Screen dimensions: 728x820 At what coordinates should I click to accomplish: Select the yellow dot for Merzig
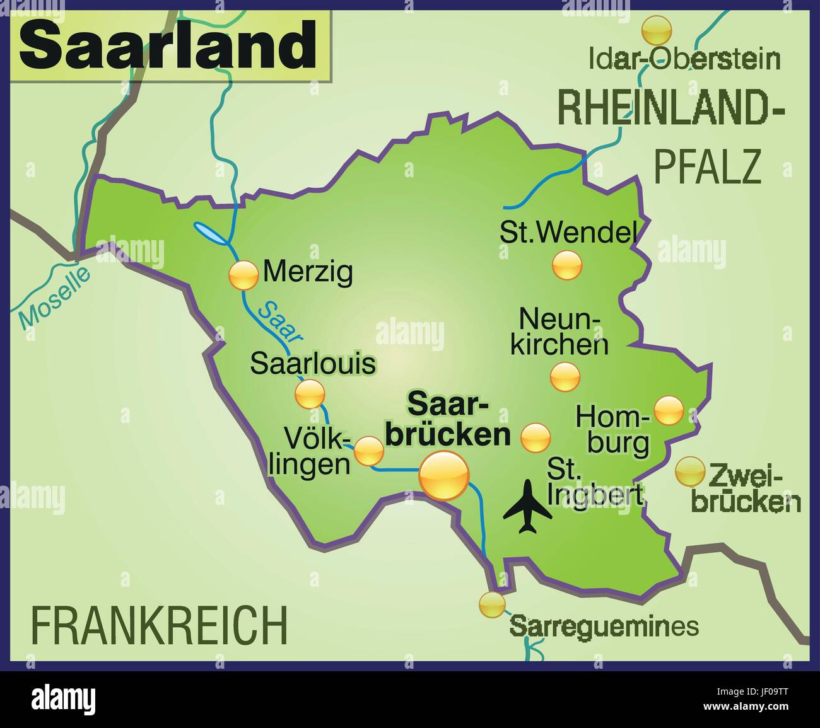click(243, 275)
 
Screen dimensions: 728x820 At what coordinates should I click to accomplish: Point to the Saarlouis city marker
click(310, 394)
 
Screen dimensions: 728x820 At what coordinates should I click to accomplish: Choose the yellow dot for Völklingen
click(368, 451)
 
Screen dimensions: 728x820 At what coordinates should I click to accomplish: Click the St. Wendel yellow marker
click(567, 265)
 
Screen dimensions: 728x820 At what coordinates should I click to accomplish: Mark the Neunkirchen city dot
click(565, 377)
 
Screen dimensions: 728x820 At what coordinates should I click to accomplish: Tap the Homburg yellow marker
click(668, 410)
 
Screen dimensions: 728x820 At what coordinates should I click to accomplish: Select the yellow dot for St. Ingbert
click(536, 437)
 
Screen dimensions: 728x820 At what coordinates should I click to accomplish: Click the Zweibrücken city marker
click(689, 471)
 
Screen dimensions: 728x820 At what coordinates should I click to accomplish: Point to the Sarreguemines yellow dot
click(492, 604)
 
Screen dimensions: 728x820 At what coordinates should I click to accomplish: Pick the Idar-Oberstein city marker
click(656, 30)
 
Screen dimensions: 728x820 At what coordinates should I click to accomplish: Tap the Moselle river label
click(54, 298)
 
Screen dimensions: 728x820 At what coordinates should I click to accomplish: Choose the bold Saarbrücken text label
click(448, 419)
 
